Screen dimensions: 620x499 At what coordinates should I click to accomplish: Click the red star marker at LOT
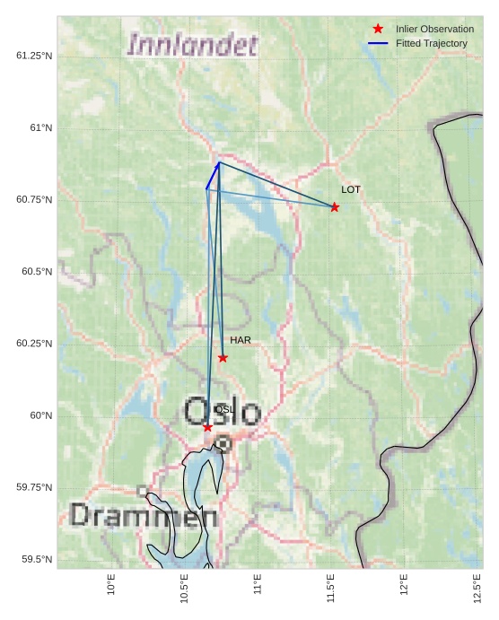(335, 207)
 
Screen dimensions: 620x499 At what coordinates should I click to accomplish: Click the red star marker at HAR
(223, 358)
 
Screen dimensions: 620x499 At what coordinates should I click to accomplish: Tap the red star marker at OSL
(208, 427)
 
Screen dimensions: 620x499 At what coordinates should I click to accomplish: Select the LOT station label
(351, 190)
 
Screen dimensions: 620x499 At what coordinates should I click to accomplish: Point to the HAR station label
(240, 341)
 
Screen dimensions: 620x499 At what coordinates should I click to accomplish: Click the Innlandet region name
(192, 45)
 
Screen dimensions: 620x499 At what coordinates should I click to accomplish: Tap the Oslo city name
(223, 412)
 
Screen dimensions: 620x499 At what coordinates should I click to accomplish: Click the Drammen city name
(143, 516)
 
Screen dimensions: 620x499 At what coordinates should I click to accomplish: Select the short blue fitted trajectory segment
(213, 175)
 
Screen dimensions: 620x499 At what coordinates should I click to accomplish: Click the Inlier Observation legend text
(434, 30)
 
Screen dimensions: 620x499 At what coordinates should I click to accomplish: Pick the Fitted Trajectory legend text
(432, 43)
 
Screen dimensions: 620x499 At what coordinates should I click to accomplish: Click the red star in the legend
(378, 30)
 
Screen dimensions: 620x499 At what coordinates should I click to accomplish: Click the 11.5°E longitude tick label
(331, 589)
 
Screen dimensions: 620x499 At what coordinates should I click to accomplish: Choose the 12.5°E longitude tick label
(477, 589)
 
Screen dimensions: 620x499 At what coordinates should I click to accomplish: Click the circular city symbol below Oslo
(223, 443)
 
